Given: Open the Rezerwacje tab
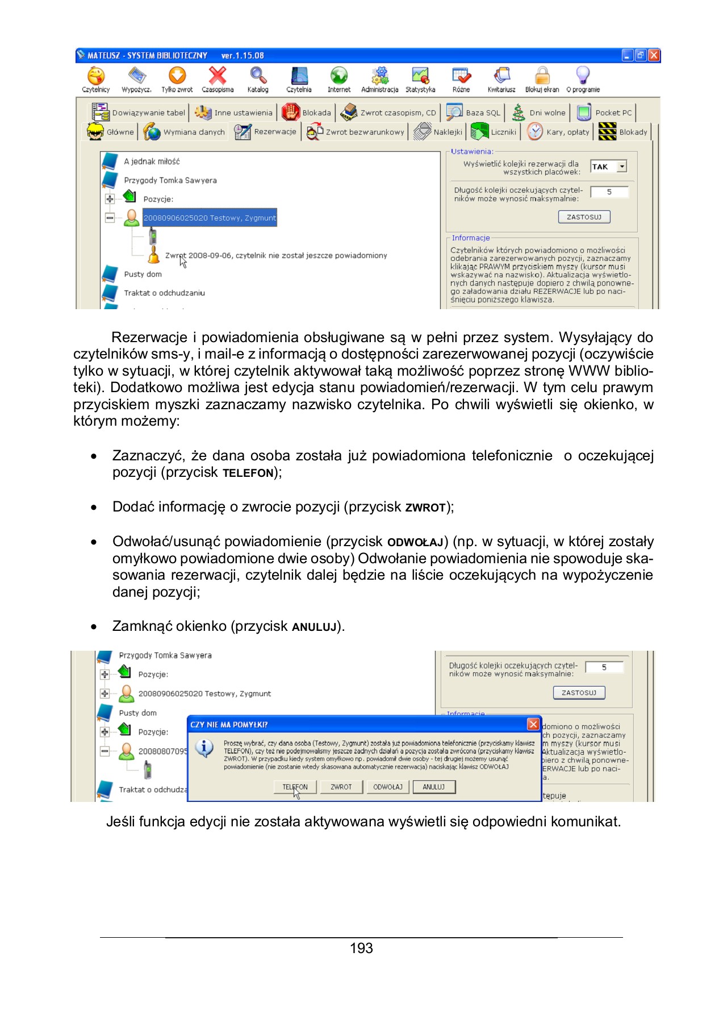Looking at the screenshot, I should [x=266, y=132].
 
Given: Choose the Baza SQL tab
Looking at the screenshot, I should [x=474, y=113].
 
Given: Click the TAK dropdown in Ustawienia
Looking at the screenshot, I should [x=608, y=167].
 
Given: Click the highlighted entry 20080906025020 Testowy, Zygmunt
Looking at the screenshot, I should [x=210, y=218].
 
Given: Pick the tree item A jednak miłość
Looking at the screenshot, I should [x=152, y=161].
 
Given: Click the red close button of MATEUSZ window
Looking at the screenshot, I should [x=654, y=55].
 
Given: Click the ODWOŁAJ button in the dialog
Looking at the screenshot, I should [x=387, y=787].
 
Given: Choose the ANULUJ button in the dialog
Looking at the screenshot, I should [x=434, y=787].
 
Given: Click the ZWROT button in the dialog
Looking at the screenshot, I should [x=341, y=787].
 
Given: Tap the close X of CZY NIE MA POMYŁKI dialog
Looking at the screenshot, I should [x=533, y=724].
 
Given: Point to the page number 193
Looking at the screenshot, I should [x=361, y=948].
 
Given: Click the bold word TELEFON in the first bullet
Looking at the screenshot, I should [x=248, y=473].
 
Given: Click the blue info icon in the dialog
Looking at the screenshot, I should [x=204, y=748].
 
